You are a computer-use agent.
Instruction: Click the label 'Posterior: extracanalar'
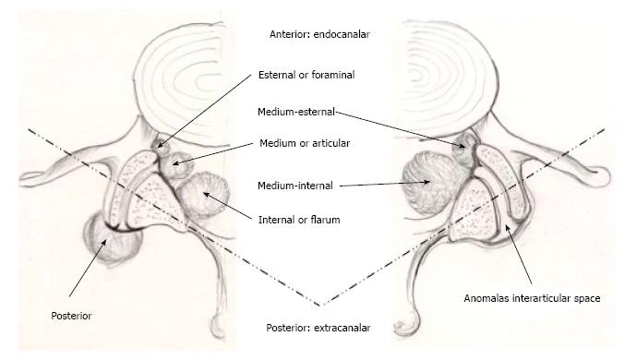click(x=319, y=328)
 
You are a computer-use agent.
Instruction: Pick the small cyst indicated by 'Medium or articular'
click(x=175, y=167)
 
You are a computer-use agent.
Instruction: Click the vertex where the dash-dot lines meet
click(x=319, y=305)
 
